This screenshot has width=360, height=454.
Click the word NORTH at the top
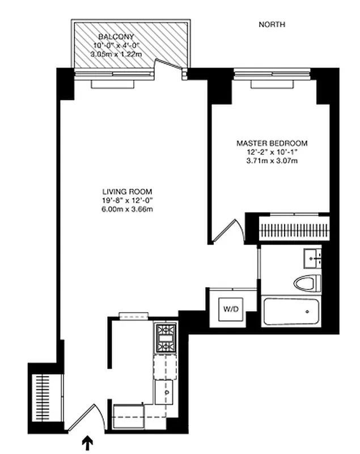(x=272, y=24)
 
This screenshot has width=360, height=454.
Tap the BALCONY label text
(x=115, y=36)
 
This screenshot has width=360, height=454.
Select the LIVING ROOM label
(x=127, y=192)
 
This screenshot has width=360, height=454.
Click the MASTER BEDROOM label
(x=272, y=144)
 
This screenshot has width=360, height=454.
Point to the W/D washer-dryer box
(x=230, y=310)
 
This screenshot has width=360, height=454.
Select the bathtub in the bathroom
(x=291, y=311)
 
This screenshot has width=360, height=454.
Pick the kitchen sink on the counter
(x=166, y=391)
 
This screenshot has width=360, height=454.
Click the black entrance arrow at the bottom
(x=88, y=442)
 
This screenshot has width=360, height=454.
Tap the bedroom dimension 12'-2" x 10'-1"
(x=272, y=152)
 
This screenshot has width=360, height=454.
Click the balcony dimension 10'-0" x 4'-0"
(x=115, y=45)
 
